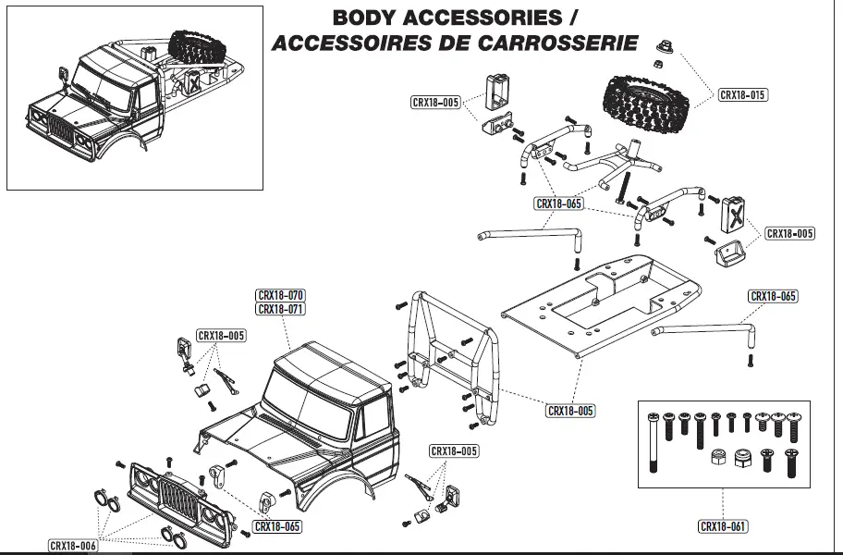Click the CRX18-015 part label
[743, 94]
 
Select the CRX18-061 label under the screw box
[723, 526]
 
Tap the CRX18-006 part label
[73, 546]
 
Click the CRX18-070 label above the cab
[280, 296]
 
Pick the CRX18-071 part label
[280, 309]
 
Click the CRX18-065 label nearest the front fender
[277, 526]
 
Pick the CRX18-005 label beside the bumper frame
[570, 411]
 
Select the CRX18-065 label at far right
[773, 296]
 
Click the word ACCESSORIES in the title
[485, 18]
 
